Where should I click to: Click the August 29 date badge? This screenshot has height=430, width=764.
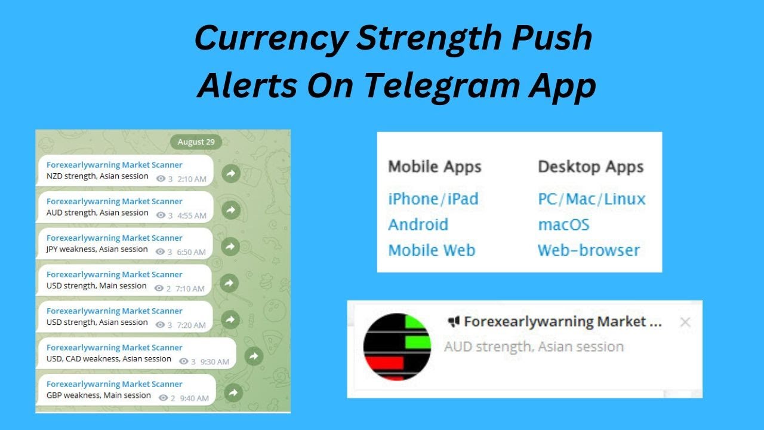coord(196,142)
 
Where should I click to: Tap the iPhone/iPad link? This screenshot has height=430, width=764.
coord(433,198)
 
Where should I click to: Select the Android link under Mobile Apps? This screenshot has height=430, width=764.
coord(418,225)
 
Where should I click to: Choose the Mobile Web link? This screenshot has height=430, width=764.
coord(432,250)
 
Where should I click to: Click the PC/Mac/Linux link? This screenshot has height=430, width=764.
coord(592,198)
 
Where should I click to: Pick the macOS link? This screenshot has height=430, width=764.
coord(563,225)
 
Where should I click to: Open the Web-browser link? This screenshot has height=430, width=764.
coord(589,250)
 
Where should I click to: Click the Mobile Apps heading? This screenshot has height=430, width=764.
coord(435,167)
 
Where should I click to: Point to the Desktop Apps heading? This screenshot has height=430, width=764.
coord(591,167)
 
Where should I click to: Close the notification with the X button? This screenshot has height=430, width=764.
coord(685,322)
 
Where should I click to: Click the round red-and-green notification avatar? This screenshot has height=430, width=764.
coord(397,346)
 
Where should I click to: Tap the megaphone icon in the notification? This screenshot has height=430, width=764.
coord(454,322)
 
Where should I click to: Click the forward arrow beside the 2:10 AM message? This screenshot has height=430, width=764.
coord(230,174)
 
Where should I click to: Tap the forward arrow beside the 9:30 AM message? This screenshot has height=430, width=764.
coord(254,357)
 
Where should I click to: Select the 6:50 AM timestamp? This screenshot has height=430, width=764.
coord(191,252)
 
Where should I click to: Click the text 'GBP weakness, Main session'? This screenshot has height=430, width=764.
coord(98,395)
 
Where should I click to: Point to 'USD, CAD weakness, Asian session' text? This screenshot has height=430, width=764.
coord(109,359)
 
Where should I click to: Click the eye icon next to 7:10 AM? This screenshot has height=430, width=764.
coord(159,288)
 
